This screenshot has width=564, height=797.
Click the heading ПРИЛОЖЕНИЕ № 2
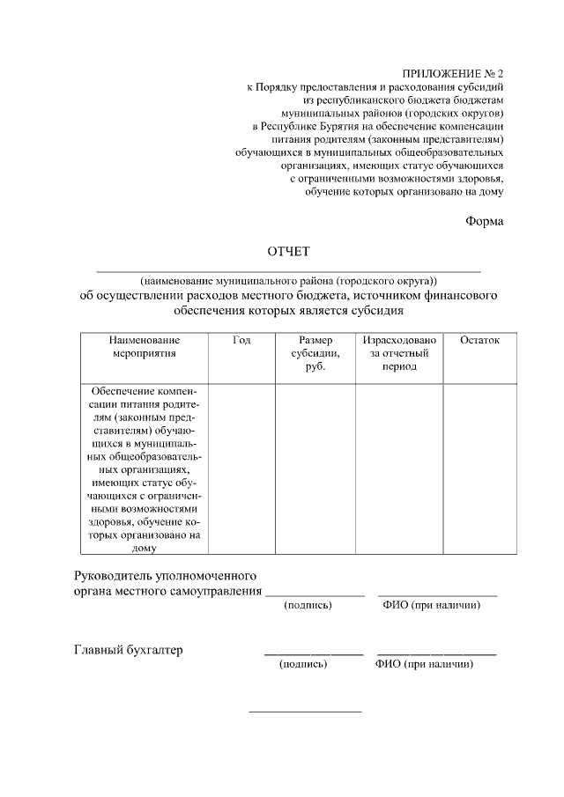coord(453,72)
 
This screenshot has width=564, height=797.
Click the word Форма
coord(485,221)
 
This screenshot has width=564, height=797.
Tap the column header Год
coord(241,340)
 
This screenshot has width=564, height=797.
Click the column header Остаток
coord(479,340)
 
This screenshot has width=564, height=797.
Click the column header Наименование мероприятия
coord(145,346)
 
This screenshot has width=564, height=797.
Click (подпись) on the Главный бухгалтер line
coord(303,665)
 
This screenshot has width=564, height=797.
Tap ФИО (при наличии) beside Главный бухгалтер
coord(425,665)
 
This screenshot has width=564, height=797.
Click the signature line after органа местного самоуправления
coord(315,595)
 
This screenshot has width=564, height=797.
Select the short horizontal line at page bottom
coord(305,711)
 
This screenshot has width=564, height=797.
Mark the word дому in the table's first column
coord(145,547)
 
